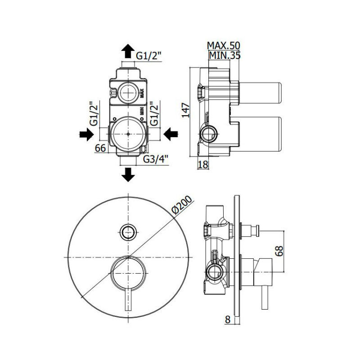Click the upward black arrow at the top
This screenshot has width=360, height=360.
coord(128,51)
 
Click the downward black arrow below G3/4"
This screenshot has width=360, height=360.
coord(129,174)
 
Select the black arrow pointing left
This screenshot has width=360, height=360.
coord(171,134)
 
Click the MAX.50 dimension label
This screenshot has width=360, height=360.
coord(224,46)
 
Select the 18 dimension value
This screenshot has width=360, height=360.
coord(203,164)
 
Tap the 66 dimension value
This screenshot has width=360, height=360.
coord(100,148)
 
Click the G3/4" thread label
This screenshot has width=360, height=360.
coord(155,159)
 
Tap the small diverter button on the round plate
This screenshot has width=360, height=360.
coord(128,231)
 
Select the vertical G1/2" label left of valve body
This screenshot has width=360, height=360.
coord(94,113)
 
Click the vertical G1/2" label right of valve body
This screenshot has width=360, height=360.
coord(154,113)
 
